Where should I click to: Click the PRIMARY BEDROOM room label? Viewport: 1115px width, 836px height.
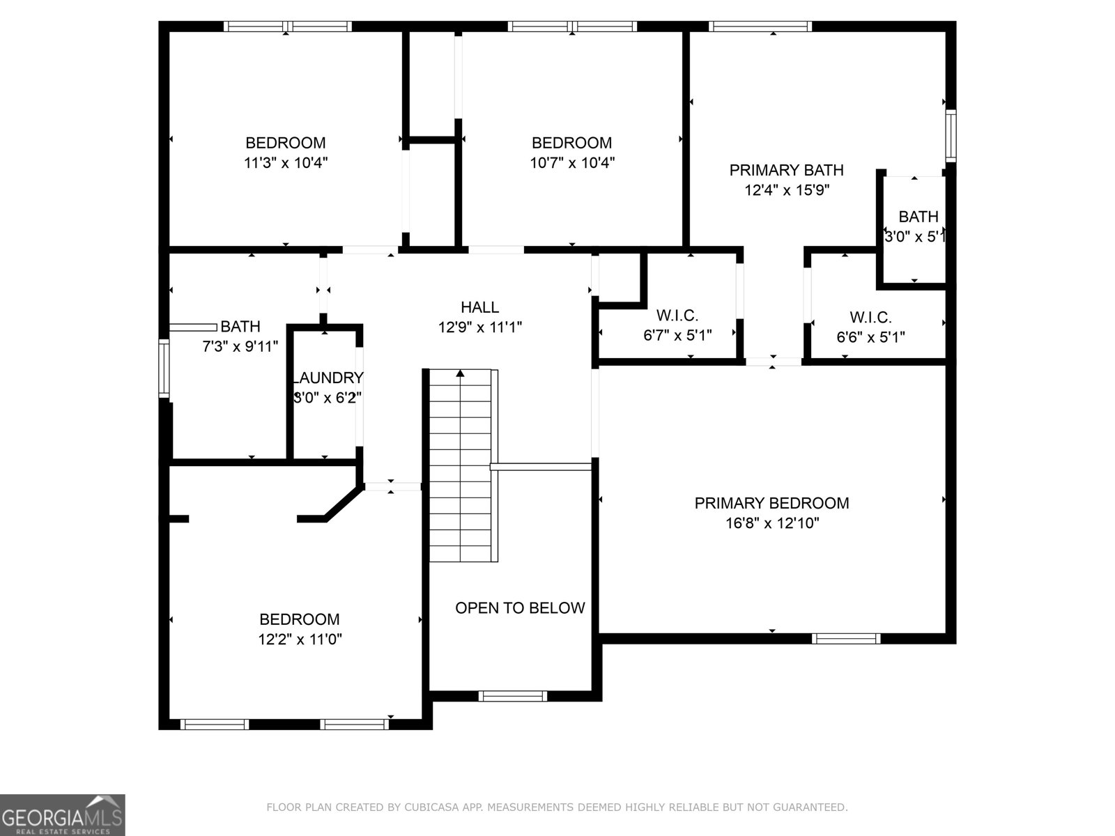(771, 503)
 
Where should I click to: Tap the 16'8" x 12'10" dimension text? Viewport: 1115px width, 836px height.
(771, 523)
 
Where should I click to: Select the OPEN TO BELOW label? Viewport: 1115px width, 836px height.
(520, 608)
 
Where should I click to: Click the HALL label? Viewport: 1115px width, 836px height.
(479, 307)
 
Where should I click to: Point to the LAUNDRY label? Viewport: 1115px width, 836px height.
(327, 378)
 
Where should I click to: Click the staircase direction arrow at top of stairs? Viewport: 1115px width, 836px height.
(460, 374)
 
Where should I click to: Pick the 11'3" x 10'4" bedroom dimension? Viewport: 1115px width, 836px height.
(286, 163)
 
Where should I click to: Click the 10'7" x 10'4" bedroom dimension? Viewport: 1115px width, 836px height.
(571, 163)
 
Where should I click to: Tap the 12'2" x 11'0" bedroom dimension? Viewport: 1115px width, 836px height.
(300, 640)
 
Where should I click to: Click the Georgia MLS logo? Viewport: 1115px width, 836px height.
(63, 814)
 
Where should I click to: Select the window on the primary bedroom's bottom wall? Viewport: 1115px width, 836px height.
(846, 638)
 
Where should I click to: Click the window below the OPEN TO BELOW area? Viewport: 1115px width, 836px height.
(513, 695)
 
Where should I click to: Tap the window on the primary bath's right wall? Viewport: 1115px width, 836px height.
(950, 136)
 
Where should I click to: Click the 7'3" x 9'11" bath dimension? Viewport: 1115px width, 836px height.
(240, 346)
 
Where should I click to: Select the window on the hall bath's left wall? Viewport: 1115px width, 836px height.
(164, 367)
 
